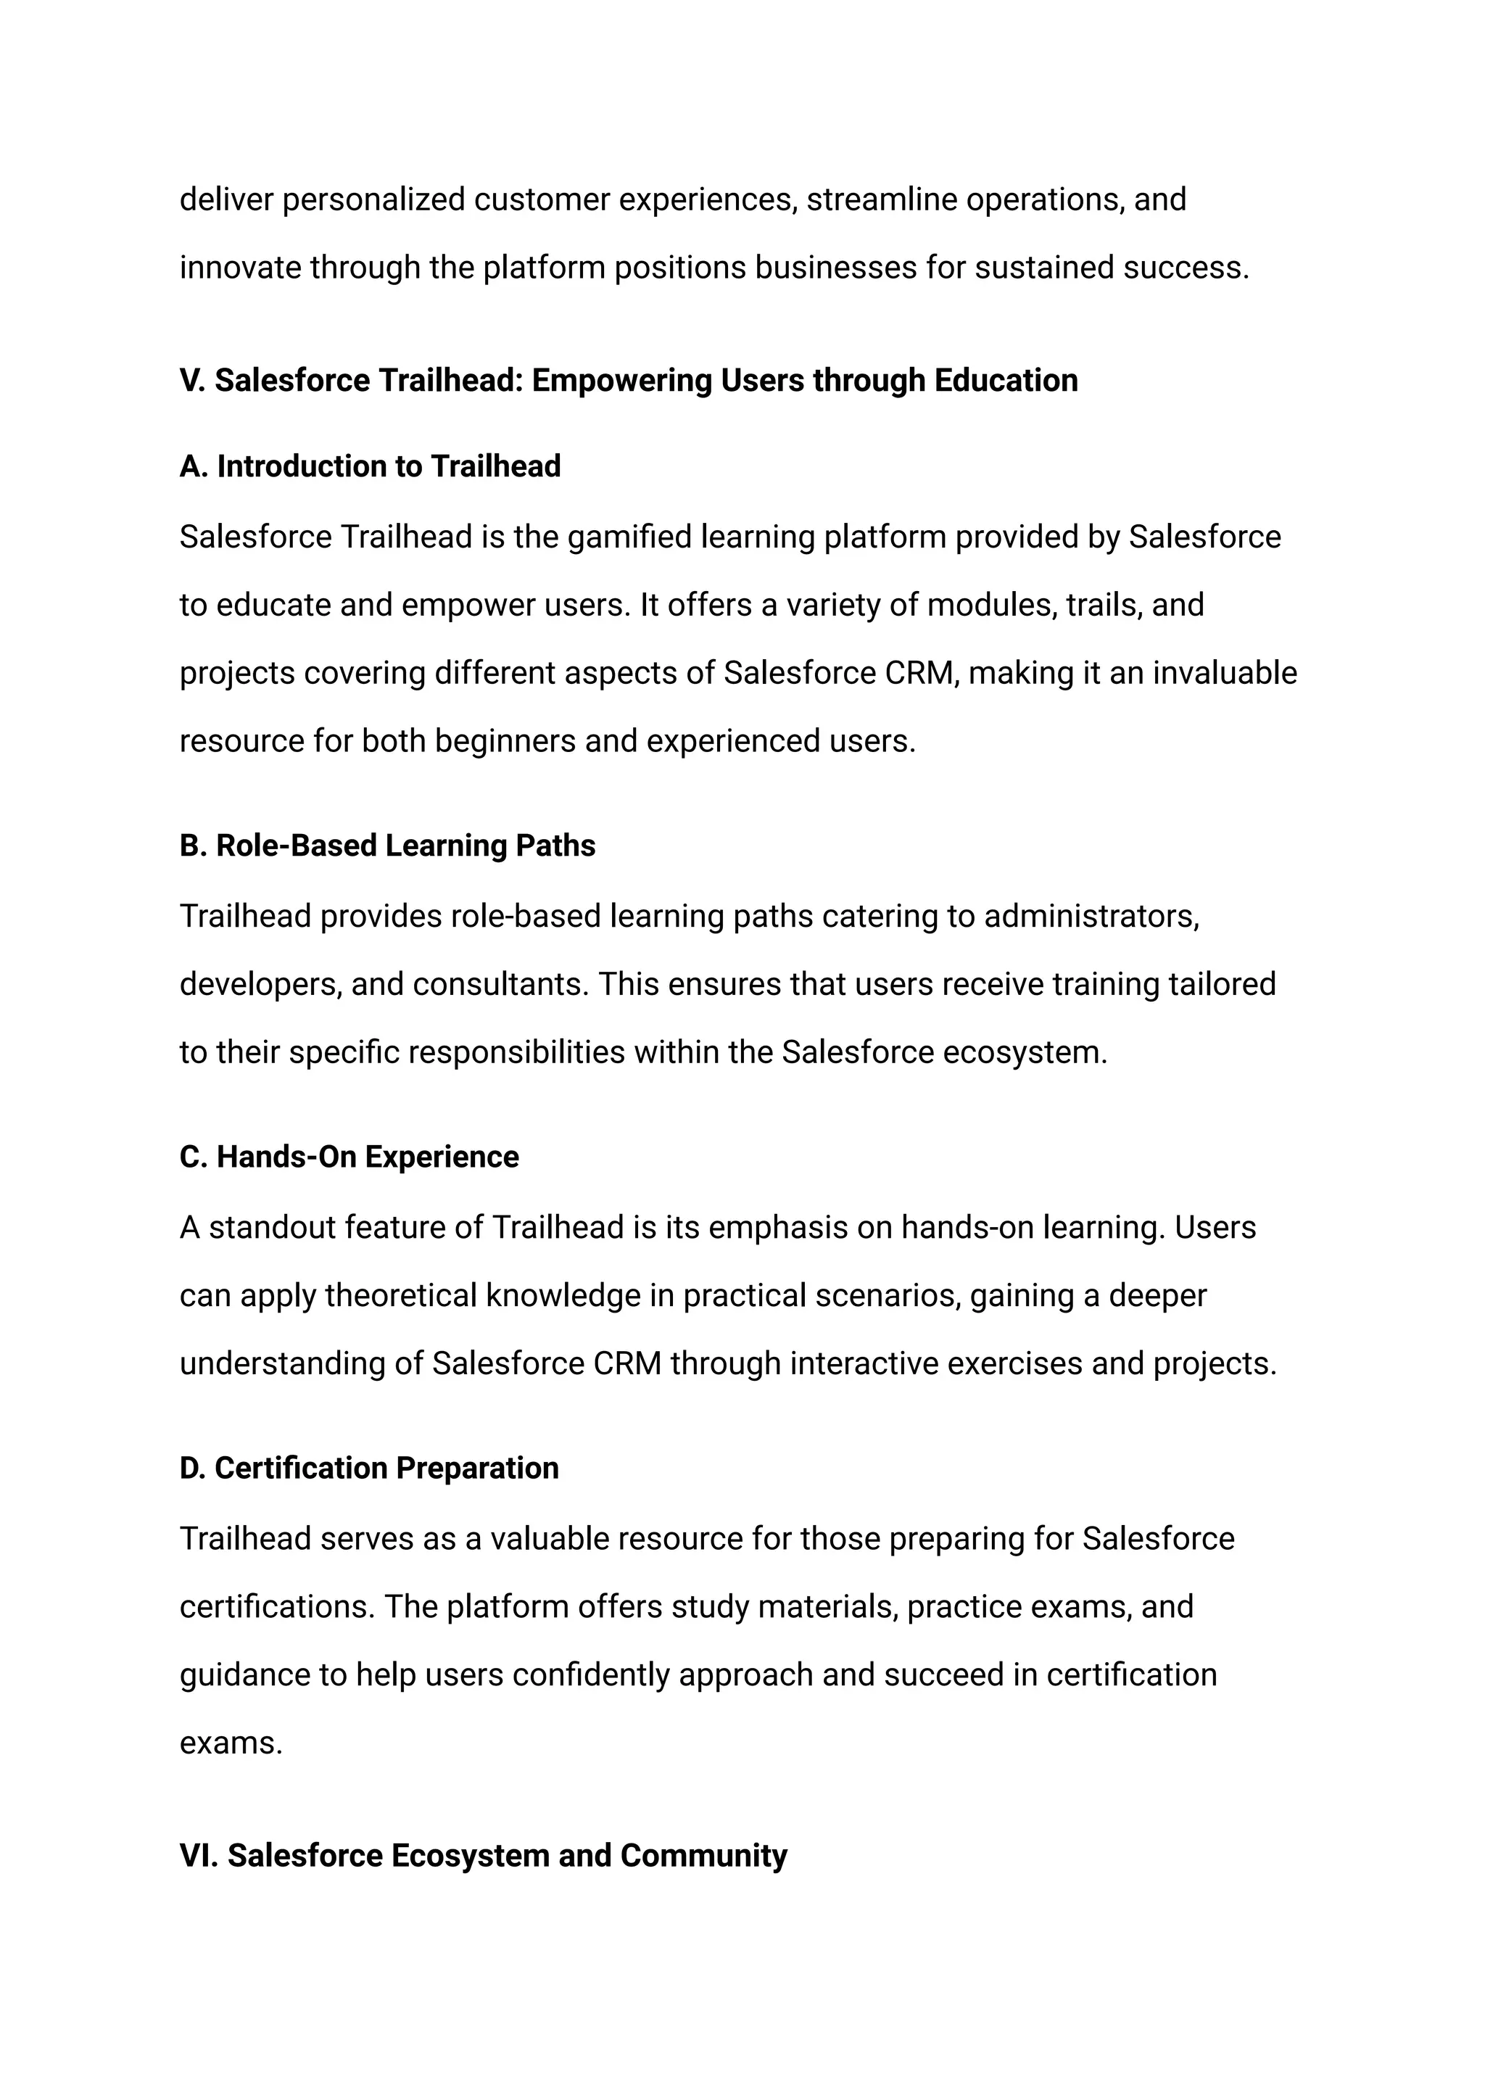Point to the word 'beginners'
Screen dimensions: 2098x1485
(x=505, y=741)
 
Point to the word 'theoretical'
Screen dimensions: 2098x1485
(x=400, y=1296)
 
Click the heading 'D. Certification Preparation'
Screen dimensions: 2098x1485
(x=368, y=1469)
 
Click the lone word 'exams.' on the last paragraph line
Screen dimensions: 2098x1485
(x=231, y=1743)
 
